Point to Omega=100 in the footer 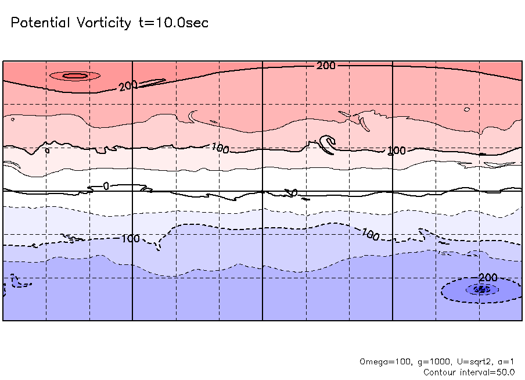382,362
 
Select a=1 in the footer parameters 504,362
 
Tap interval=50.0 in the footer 488,372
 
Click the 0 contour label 106,186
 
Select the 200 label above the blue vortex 488,277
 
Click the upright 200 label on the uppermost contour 326,66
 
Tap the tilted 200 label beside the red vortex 128,86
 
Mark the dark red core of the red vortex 74,76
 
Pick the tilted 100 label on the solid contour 221,148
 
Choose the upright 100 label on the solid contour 397,151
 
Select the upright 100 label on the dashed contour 131,238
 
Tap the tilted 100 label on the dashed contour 370,235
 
